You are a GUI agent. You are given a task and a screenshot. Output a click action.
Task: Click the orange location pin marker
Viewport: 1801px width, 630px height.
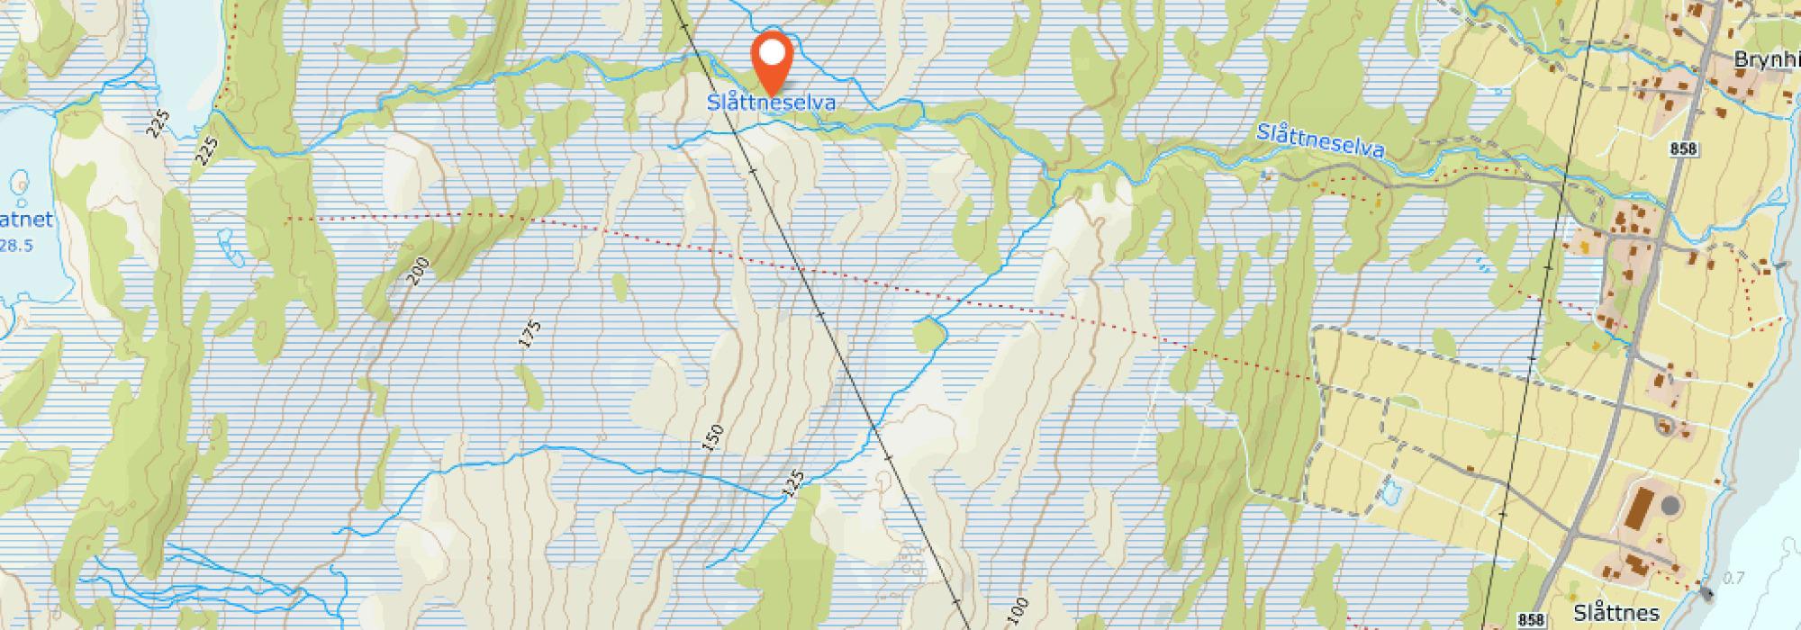(771, 57)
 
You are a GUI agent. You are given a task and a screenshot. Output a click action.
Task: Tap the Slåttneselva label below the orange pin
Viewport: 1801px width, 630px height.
(771, 103)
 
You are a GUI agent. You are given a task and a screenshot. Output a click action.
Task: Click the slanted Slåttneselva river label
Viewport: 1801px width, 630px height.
(1319, 142)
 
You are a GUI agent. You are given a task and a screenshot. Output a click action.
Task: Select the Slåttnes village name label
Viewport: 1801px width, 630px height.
(1616, 613)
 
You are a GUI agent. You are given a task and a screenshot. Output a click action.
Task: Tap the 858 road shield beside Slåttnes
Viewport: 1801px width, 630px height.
(1531, 619)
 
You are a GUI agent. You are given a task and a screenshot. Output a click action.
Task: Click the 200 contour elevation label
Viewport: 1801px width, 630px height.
(417, 271)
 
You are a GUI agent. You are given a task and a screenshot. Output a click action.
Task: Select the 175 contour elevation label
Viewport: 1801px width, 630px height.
(530, 333)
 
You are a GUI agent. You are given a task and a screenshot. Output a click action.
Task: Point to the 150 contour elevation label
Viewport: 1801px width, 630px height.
(712, 437)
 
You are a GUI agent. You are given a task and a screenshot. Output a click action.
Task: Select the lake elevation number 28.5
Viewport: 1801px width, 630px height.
(18, 245)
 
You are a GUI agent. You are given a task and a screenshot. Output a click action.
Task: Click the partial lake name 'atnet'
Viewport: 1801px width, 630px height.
(24, 220)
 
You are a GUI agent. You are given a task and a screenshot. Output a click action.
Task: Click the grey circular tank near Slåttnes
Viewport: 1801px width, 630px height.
(1670, 506)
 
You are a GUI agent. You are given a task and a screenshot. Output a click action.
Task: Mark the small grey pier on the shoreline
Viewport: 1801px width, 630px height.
(1706, 593)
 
